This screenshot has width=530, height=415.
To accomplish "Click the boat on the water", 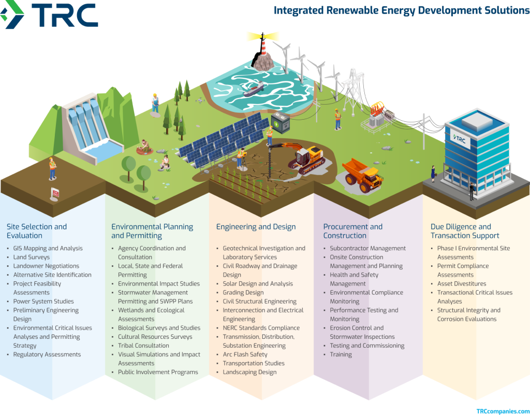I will [x=253, y=90].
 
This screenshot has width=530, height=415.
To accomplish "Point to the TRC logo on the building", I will [x=461, y=139].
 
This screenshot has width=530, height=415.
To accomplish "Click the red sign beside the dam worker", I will [x=55, y=193].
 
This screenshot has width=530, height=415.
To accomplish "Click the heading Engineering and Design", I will [x=256, y=227].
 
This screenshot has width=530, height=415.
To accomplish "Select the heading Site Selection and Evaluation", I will [x=37, y=231].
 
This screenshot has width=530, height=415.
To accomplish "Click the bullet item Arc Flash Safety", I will [x=245, y=354].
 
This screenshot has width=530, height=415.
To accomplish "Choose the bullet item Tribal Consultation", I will [x=143, y=346].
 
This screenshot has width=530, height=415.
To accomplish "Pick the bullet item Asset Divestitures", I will [x=462, y=284].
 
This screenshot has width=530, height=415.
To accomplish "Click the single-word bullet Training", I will [x=341, y=354].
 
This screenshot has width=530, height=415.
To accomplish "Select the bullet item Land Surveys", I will [x=32, y=257].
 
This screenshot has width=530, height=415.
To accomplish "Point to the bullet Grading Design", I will [x=243, y=293].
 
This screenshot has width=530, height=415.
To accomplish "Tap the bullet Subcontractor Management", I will [x=367, y=248].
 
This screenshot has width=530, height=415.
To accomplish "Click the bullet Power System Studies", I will [x=43, y=302].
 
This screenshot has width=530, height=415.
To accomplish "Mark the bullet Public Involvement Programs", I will [x=158, y=372].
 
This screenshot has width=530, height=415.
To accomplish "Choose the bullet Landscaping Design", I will [x=249, y=372].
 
